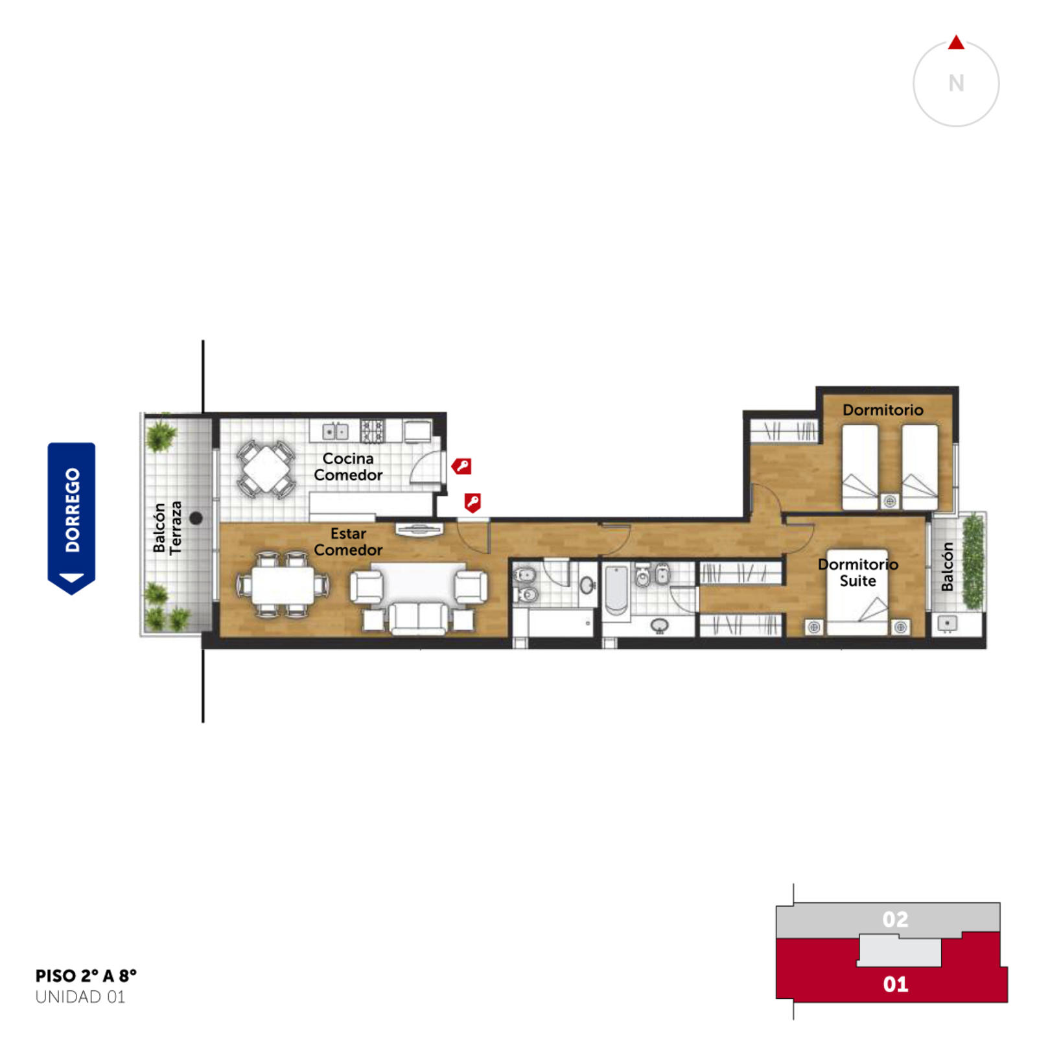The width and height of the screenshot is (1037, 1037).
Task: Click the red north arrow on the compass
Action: tap(956, 43)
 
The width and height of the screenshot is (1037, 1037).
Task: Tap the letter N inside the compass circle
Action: tap(956, 83)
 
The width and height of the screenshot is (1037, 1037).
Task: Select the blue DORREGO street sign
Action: tap(71, 518)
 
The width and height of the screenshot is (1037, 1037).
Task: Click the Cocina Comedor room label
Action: tap(348, 467)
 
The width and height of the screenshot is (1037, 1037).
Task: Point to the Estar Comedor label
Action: tap(348, 541)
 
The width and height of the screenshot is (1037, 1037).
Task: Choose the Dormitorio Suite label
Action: tap(857, 572)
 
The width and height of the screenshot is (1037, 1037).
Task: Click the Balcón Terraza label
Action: tap(167, 528)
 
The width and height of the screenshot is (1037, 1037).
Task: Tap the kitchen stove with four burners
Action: tap(373, 430)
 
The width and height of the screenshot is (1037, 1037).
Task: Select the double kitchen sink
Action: tap(335, 431)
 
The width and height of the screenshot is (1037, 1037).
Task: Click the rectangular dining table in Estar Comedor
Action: tap(283, 585)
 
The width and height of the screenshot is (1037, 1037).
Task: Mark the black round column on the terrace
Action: tap(196, 518)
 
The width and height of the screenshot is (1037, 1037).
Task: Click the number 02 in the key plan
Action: tap(895, 919)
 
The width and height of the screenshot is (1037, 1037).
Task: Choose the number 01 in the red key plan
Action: tap(895, 984)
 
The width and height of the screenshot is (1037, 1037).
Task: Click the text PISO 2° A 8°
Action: tap(86, 975)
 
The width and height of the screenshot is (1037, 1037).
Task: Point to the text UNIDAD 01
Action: tap(80, 997)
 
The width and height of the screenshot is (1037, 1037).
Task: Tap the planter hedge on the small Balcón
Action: tap(972, 561)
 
